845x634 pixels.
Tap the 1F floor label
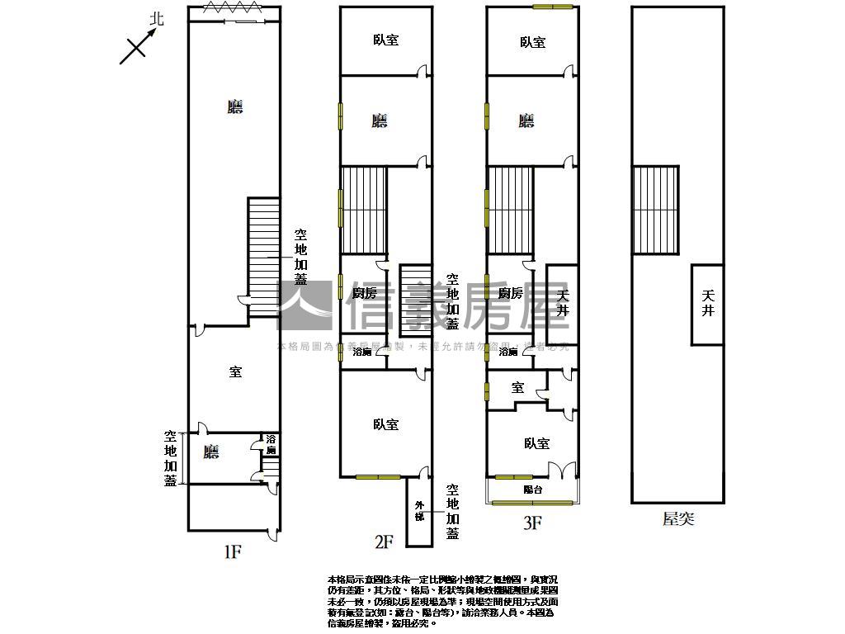click(x=232, y=551)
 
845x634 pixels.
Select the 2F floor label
click(x=384, y=542)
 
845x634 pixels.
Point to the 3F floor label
click(x=531, y=522)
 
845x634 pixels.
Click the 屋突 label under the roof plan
click(x=678, y=519)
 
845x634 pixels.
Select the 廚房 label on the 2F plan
click(x=364, y=293)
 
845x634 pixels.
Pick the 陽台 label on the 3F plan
click(x=533, y=490)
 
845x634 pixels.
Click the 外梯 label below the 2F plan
click(x=419, y=511)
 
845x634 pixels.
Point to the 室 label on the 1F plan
click(x=235, y=372)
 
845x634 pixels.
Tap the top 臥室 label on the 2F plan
click(x=385, y=39)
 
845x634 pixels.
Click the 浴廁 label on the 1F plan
click(x=271, y=445)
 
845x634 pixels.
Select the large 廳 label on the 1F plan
click(x=235, y=106)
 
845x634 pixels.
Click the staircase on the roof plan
click(x=655, y=209)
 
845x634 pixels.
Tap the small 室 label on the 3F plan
click(x=517, y=387)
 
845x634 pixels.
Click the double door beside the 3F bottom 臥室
click(x=560, y=470)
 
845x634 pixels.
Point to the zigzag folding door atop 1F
click(x=234, y=7)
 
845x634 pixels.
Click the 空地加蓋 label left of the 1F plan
click(x=171, y=458)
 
